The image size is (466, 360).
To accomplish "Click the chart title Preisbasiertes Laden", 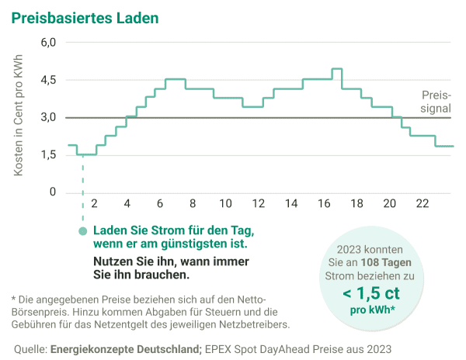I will click(80, 16).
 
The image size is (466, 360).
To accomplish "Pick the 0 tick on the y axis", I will click(53, 192).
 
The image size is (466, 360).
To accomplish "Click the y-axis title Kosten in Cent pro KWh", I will click(19, 116).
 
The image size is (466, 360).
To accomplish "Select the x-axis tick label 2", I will click(94, 204).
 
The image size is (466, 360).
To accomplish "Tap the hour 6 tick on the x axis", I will click(160, 204).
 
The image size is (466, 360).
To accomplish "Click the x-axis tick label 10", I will click(225, 204).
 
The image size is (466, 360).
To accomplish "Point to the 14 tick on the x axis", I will click(290, 204).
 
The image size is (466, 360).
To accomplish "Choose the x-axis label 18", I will click(356, 204).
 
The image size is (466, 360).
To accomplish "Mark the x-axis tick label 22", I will click(422, 204).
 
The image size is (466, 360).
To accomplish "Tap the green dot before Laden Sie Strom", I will click(83, 231).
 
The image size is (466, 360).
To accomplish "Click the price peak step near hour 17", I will click(336, 69).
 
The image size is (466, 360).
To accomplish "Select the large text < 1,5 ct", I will click(372, 293).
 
